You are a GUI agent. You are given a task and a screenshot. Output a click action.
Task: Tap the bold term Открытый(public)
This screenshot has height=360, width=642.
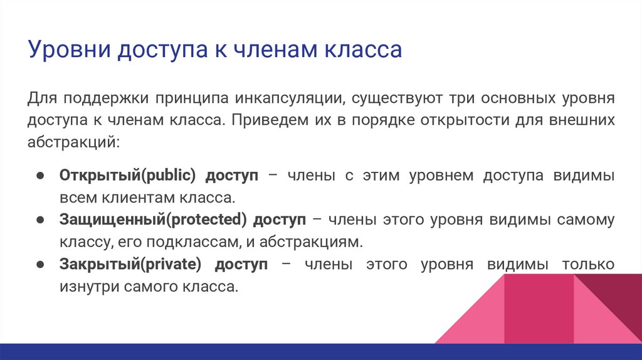click(129, 176)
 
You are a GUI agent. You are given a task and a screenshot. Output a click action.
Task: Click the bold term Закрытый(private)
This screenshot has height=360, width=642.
click(130, 265)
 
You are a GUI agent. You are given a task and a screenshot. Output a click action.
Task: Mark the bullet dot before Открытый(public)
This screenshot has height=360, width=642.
click(39, 176)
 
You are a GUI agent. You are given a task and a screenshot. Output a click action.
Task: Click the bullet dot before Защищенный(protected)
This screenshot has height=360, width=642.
click(39, 220)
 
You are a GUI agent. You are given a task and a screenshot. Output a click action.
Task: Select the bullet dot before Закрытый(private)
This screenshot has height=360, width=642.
click(39, 265)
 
